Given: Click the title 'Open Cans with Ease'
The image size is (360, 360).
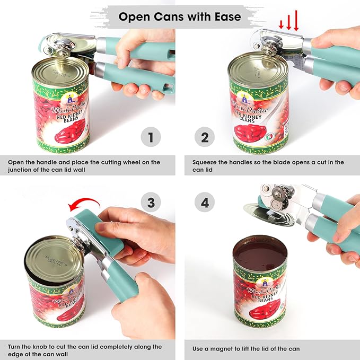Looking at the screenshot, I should point(180,16).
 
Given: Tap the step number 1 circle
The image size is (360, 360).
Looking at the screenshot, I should point(151,138).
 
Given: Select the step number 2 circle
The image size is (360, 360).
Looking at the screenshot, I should point(205,138).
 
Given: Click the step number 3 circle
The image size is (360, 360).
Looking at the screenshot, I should point(151,203).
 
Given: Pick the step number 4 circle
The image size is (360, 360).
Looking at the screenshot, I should point(205,203).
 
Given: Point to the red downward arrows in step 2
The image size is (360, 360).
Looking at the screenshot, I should point(289,23).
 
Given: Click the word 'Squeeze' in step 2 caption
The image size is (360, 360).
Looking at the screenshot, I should point(206,162).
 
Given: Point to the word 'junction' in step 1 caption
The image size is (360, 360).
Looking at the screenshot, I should point(22,170).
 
